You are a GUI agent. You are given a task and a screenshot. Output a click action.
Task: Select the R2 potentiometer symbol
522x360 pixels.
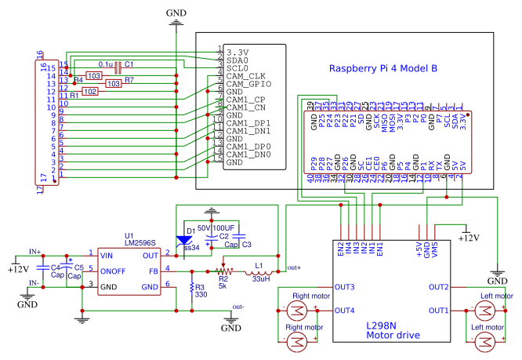tap(223, 271)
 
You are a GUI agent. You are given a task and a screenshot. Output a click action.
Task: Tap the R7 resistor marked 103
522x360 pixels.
tap(114, 83)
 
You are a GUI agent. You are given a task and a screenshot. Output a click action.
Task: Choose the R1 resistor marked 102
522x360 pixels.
tap(91, 91)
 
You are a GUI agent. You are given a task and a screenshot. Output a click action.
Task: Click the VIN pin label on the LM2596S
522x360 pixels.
tap(108, 254)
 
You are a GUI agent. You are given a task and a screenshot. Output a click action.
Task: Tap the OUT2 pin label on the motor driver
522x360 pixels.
tap(438, 287)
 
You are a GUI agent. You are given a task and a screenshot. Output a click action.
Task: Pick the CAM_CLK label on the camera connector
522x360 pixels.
tap(247, 76)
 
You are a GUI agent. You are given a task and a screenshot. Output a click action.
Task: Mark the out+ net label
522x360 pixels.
tap(295, 267)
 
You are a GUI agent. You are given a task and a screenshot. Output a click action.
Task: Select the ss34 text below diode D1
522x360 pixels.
tap(190, 248)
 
